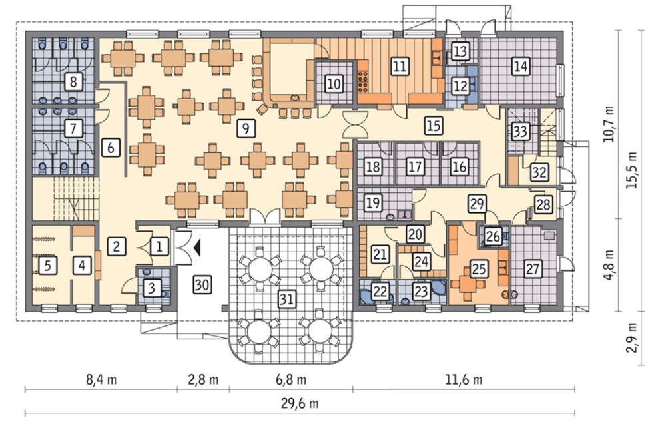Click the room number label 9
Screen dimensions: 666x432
tap(246, 127)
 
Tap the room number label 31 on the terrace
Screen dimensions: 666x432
tap(286, 299)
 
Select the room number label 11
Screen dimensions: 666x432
tap(400, 66)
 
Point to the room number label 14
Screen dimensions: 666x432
tap(521, 66)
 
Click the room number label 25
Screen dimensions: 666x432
tap(478, 269)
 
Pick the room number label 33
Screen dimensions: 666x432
tap(520, 131)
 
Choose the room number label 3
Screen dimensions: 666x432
tap(152, 289)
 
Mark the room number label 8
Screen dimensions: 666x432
tap(73, 81)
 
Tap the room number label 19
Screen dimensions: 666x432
tap(373, 203)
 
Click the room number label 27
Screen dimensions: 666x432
tap(533, 269)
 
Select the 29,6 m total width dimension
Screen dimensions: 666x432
tap(300, 403)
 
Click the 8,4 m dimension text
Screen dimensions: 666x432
tap(101, 379)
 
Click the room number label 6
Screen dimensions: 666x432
tap(111, 148)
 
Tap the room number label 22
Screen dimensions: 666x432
tap(380, 291)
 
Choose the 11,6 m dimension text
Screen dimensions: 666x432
tap(464, 379)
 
